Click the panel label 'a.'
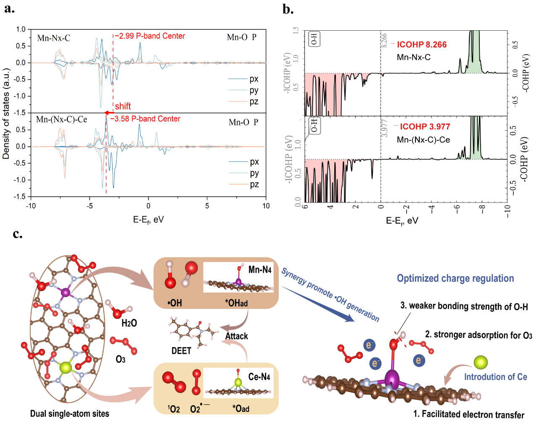click(x=9, y=8)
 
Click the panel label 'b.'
click(x=288, y=9)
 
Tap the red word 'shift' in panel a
click(x=123, y=106)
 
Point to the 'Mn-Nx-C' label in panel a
click(x=53, y=38)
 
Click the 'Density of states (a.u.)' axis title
click(x=6, y=113)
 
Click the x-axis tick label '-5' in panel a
click(x=89, y=206)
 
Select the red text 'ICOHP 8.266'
click(x=422, y=45)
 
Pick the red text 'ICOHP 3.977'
click(x=425, y=127)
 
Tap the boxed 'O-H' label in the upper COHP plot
click(x=314, y=39)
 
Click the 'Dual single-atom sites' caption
click(x=69, y=414)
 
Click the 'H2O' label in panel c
click(x=129, y=323)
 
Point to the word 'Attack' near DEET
click(x=236, y=336)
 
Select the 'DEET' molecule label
click(x=181, y=351)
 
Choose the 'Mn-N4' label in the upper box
click(x=260, y=269)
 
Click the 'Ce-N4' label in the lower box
click(x=259, y=377)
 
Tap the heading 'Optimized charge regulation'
click(x=455, y=278)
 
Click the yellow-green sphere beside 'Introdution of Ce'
click(x=481, y=362)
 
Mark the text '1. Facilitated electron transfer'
click(x=468, y=414)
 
